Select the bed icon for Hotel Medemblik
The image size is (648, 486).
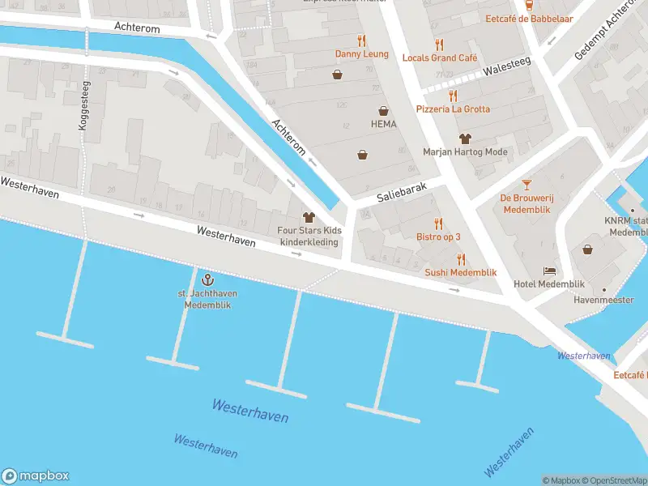(550, 271)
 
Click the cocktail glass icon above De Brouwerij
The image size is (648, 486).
(526, 185)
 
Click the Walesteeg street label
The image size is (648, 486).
(501, 70)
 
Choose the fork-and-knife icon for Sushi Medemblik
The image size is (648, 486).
(461, 259)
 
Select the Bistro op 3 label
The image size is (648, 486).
(438, 237)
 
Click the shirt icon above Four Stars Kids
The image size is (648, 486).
(309, 217)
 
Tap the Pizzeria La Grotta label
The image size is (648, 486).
(453, 109)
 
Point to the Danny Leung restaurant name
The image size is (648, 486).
(362, 54)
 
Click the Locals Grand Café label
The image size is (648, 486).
(439, 58)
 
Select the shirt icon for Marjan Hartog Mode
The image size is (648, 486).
(465, 139)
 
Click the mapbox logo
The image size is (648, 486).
(36, 476)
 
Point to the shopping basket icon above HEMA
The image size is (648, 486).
(383, 110)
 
